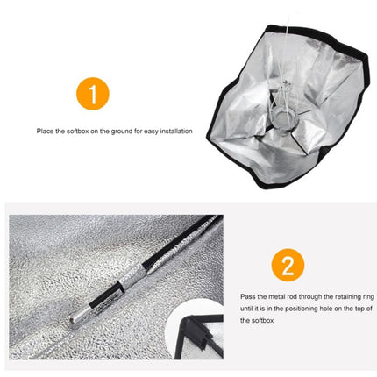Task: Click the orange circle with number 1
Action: tap(99, 92)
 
